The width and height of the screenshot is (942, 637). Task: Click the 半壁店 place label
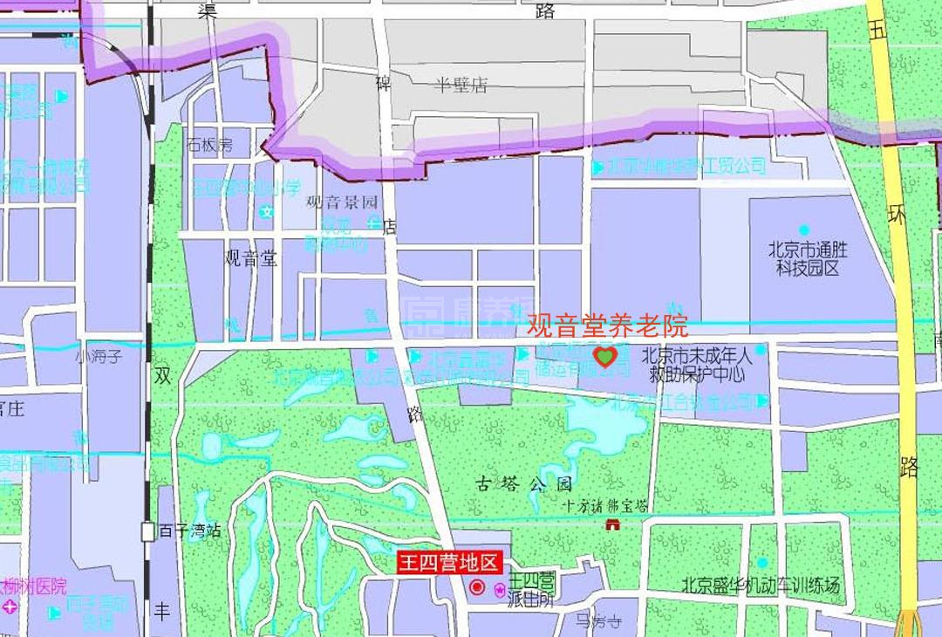click(461, 85)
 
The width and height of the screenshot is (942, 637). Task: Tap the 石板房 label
click(209, 145)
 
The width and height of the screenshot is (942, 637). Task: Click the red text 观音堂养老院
click(608, 325)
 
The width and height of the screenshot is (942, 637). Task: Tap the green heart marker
click(604, 356)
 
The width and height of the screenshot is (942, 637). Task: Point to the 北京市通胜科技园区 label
click(808, 258)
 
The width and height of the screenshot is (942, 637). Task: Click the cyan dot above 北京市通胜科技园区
click(804, 230)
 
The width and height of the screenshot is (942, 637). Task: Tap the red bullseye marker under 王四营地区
click(477, 587)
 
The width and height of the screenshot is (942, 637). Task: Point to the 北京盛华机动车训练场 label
click(761, 586)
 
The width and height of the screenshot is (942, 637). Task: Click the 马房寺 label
click(598, 621)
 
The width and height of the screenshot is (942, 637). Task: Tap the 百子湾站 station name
click(189, 531)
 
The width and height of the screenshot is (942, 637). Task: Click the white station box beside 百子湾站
click(148, 531)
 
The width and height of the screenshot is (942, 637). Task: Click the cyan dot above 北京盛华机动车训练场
click(762, 563)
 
